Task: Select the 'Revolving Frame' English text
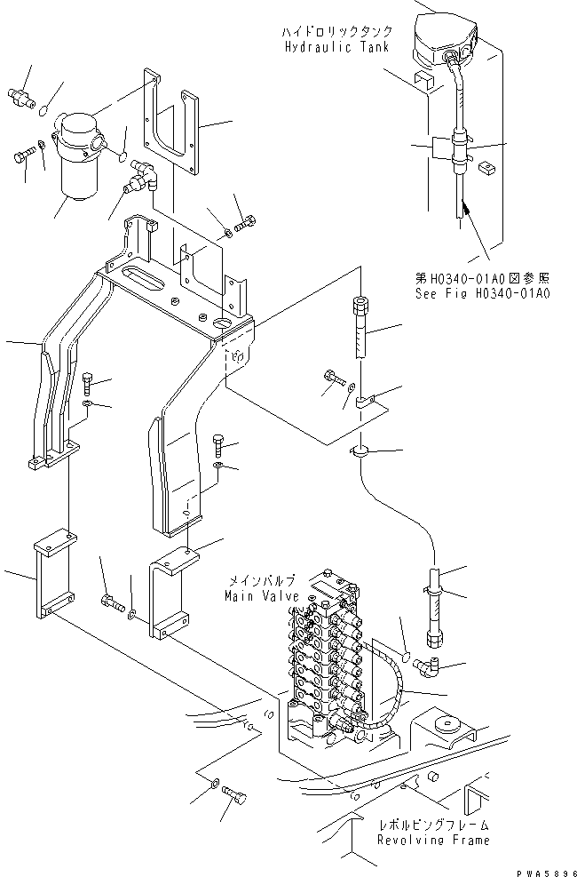click(432, 840)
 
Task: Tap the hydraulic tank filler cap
click(439, 36)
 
